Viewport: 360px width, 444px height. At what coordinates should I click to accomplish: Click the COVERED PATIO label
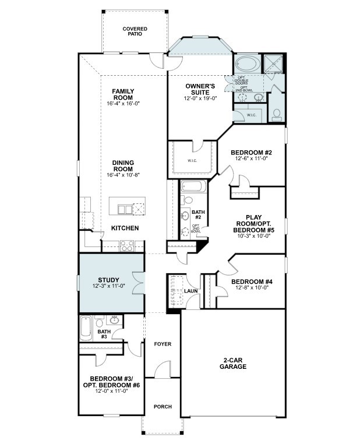pos(135,31)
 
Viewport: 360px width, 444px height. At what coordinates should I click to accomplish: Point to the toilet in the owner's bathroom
pos(277,113)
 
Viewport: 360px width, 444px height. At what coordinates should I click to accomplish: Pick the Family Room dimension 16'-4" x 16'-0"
pos(123,103)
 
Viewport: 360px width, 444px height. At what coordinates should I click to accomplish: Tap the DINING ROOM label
pos(123,166)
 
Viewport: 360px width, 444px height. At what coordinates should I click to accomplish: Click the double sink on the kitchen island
pos(123,209)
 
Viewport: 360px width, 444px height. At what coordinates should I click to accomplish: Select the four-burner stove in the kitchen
pos(126,246)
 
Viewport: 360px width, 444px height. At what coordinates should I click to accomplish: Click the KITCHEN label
pos(125,228)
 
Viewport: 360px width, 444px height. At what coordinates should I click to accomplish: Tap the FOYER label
pos(163,344)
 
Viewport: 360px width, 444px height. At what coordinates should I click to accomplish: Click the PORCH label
pos(163,406)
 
